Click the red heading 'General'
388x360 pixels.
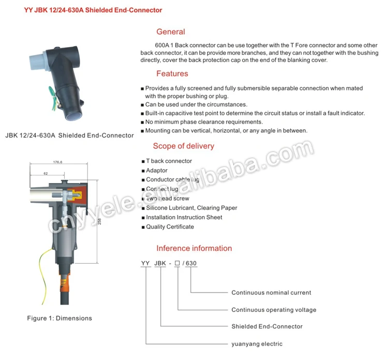click(170, 32)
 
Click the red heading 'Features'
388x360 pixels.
click(172, 73)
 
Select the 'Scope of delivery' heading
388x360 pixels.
click(183, 146)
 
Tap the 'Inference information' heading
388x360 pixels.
click(194, 248)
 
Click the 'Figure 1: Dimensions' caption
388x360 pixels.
click(59, 318)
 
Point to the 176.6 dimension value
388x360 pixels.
click(58, 162)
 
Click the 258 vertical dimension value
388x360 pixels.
click(100, 221)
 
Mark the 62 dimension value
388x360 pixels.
click(46, 173)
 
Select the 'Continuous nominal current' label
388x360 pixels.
click(271, 293)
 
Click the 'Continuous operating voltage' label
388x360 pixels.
click(274, 310)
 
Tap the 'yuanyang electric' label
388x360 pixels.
click(257, 344)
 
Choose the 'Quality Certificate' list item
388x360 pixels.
click(170, 227)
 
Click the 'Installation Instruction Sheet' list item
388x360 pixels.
click(184, 217)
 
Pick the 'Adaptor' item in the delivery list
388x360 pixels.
click(157, 170)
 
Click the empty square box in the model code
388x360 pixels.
click(177, 263)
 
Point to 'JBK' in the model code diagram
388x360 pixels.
click(160, 263)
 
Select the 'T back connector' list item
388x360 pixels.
click(169, 161)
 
